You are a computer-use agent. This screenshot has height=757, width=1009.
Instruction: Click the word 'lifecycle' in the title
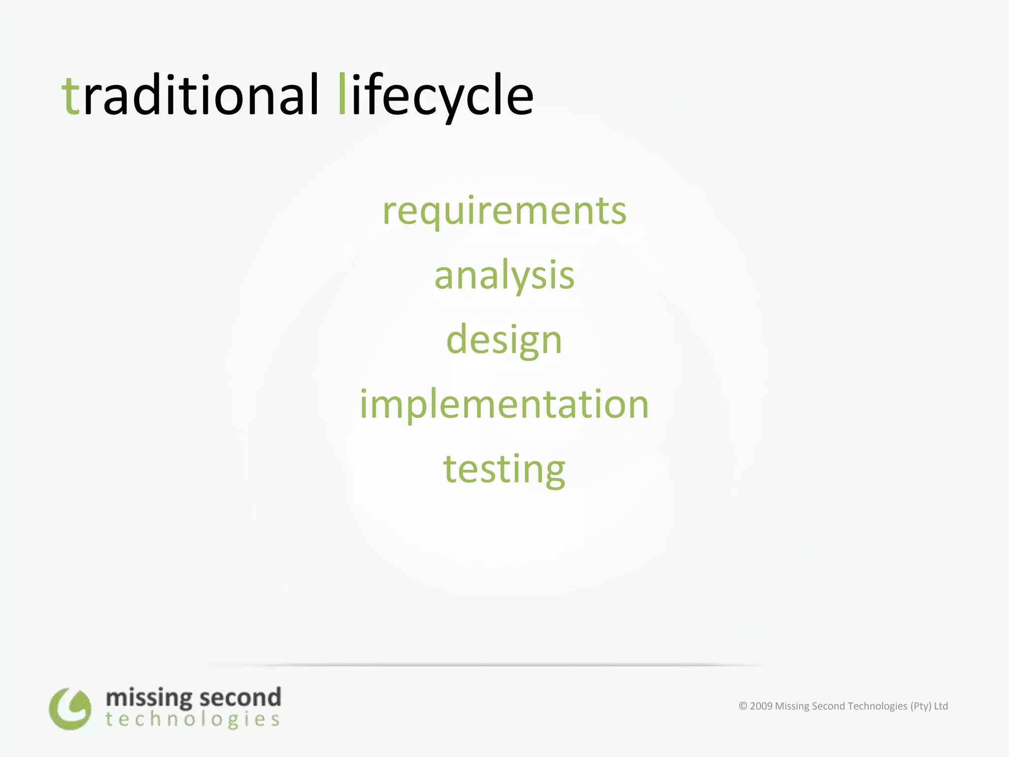point(437,95)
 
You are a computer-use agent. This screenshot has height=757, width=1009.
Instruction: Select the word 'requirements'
point(504,211)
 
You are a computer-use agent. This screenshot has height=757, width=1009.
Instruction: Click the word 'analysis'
point(504,275)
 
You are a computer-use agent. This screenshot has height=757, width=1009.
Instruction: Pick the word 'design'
point(504,340)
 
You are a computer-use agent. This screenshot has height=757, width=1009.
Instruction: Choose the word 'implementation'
point(504,404)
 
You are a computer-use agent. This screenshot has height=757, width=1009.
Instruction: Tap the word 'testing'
point(504,469)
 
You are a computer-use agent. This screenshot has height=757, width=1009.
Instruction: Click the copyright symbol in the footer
point(743,706)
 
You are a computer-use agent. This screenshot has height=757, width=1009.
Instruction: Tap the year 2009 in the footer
point(761,706)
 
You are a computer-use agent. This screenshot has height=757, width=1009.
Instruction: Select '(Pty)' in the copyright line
point(920,706)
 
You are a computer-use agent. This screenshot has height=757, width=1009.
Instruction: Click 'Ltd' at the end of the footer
point(941,706)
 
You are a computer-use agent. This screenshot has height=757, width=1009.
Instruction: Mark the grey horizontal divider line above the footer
point(493,665)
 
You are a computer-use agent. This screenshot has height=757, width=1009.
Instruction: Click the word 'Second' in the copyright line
point(824,706)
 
